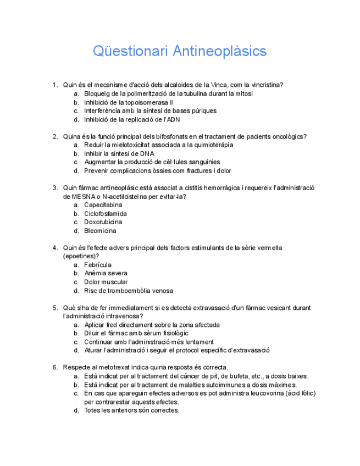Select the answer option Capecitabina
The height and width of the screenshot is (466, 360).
(x=103, y=205)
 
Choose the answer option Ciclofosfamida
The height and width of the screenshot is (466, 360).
(x=106, y=214)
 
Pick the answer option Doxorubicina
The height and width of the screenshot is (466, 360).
(x=103, y=222)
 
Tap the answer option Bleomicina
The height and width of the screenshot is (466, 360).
(x=100, y=231)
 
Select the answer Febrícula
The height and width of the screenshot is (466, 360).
(x=98, y=265)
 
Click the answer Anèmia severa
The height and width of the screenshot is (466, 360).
(x=106, y=273)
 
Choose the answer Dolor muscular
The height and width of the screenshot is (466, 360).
(x=106, y=282)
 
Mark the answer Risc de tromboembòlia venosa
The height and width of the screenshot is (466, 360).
(x=128, y=291)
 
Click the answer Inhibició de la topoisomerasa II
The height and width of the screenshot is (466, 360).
(x=128, y=102)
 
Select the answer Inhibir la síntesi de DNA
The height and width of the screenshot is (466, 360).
(x=119, y=154)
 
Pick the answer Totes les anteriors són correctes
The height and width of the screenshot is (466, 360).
(x=131, y=410)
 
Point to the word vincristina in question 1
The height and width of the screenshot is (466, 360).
(x=267, y=85)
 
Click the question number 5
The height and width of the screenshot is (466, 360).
(x=55, y=308)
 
